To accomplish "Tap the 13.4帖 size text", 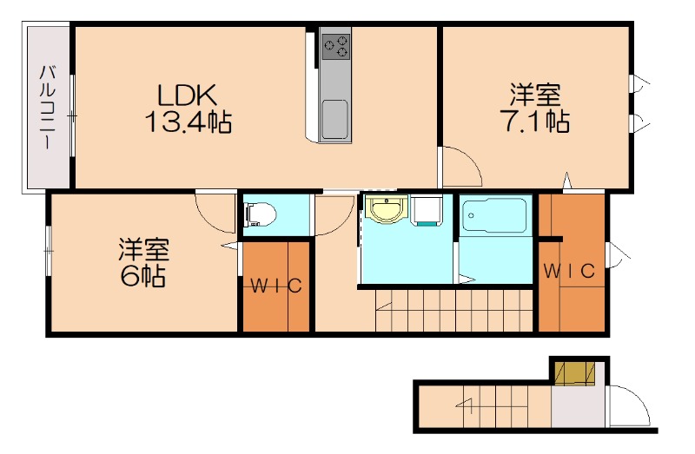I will click(x=187, y=122).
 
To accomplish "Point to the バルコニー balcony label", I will click(x=48, y=106).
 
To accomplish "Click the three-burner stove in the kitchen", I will click(x=335, y=44).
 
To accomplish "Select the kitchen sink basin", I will click(x=334, y=117).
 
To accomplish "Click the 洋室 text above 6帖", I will click(x=144, y=250).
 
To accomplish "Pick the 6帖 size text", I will click(x=144, y=278).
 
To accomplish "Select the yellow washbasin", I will click(x=385, y=210).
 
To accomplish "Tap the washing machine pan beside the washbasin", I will click(x=427, y=211).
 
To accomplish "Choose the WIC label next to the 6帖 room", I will click(x=276, y=286).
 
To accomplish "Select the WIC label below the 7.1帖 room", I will click(x=569, y=271).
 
